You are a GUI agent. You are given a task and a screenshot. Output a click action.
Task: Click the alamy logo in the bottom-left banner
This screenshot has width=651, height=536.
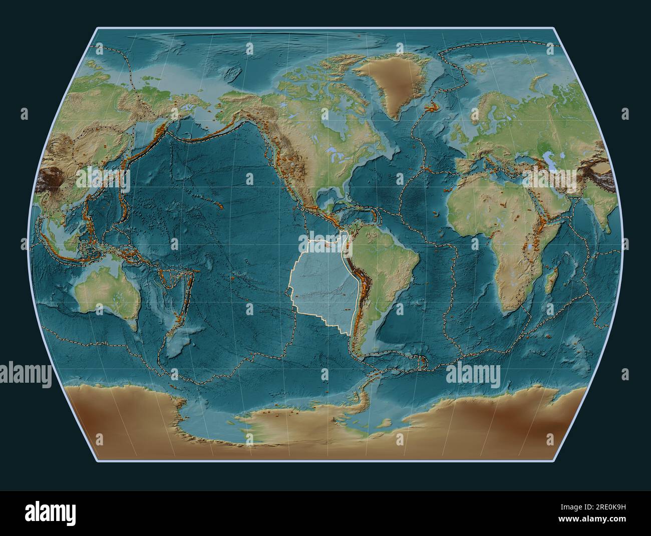click(39, 513)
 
